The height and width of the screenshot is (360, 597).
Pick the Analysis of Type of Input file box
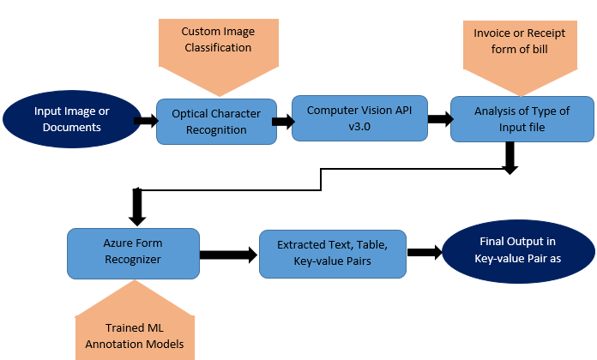(521, 120)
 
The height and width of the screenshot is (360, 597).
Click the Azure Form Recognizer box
(132, 253)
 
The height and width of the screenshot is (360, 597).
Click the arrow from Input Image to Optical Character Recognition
(144, 122)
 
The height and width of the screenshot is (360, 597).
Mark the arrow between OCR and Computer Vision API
(280, 120)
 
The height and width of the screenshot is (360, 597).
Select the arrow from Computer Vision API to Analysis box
(439, 119)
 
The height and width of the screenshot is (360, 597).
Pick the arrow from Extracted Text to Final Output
(424, 252)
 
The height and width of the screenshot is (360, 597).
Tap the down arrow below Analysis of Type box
(511, 157)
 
